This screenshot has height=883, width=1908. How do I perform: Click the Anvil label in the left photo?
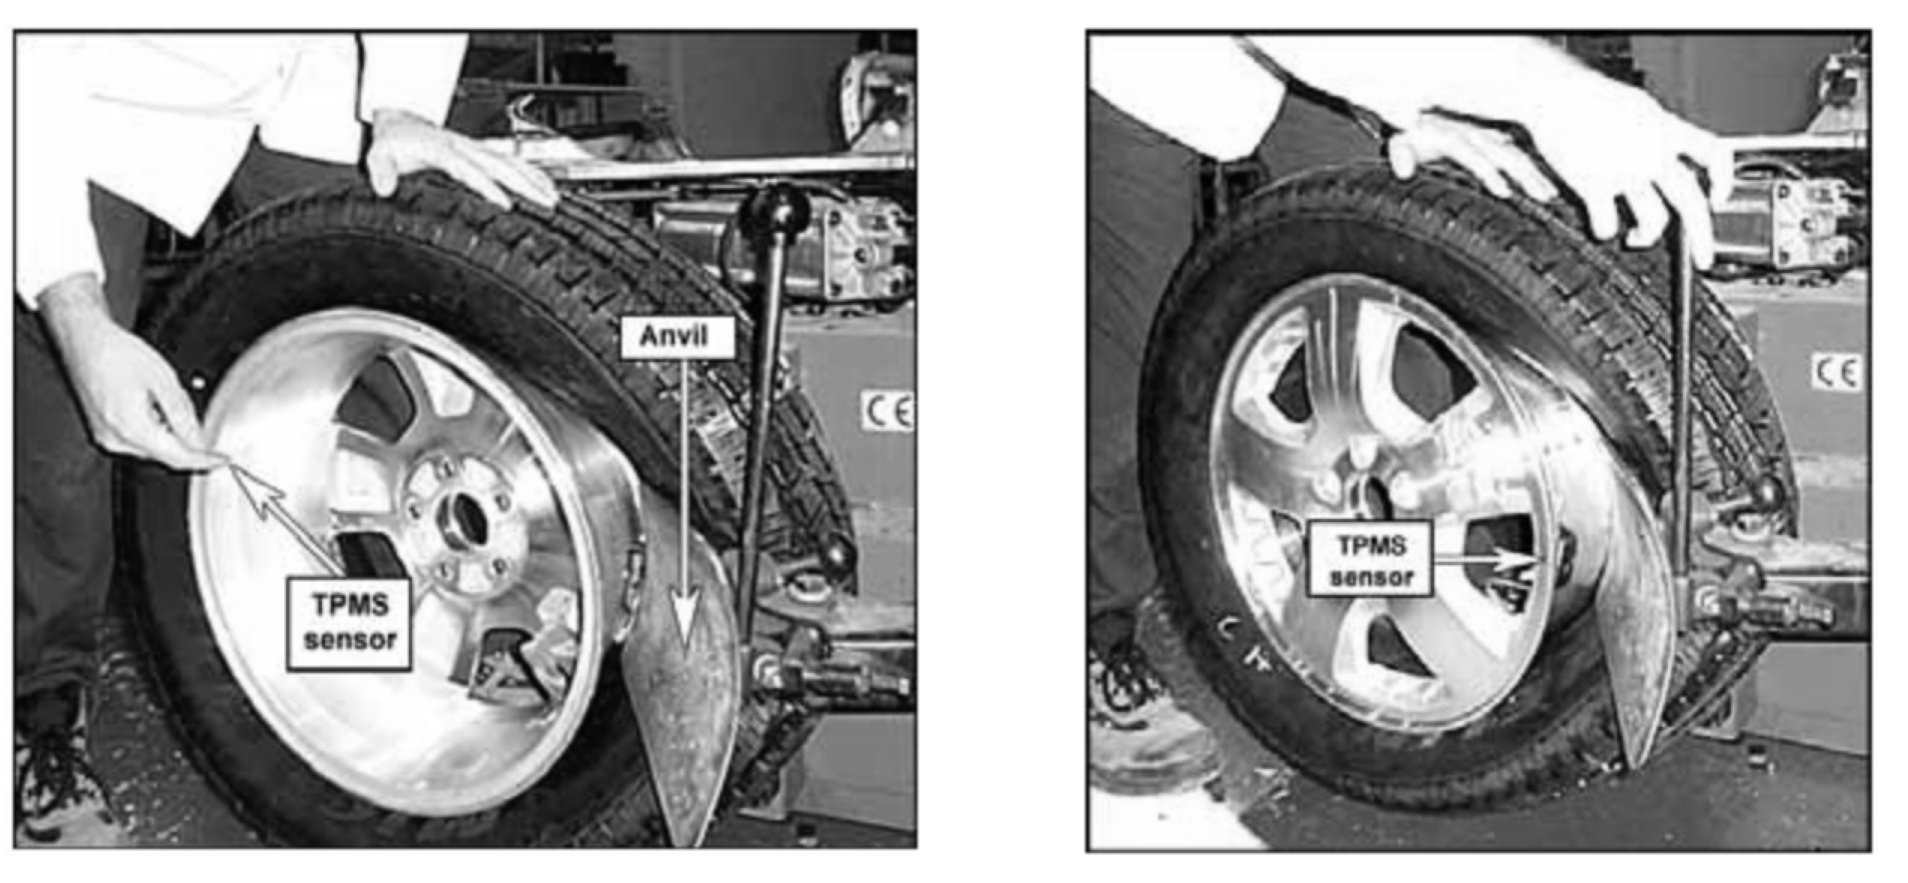pos(678,337)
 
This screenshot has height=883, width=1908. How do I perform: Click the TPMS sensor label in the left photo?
pos(349,622)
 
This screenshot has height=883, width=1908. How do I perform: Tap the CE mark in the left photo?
pos(888,410)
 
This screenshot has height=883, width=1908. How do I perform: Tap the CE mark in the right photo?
pos(1837,372)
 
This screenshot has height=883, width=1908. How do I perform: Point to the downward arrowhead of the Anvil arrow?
pos(683,619)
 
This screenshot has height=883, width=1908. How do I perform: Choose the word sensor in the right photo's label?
pos(1370,577)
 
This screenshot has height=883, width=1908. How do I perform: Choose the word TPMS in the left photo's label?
pos(349,605)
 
